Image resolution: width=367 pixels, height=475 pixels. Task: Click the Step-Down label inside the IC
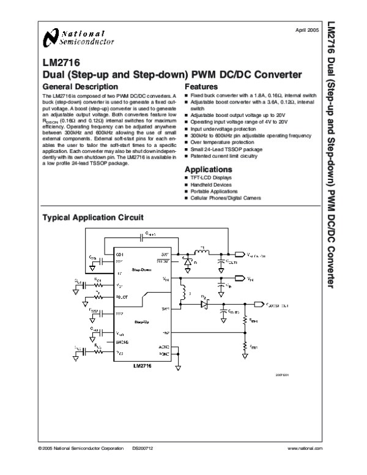(x=142, y=269)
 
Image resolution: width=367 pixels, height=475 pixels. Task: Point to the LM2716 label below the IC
(x=142, y=365)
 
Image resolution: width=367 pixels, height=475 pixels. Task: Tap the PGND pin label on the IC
(x=163, y=354)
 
